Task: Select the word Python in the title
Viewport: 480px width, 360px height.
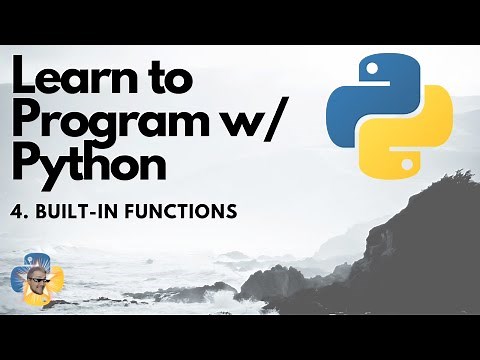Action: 89,163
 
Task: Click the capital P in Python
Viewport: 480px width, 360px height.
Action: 25,163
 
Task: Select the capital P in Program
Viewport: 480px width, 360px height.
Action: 25,121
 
